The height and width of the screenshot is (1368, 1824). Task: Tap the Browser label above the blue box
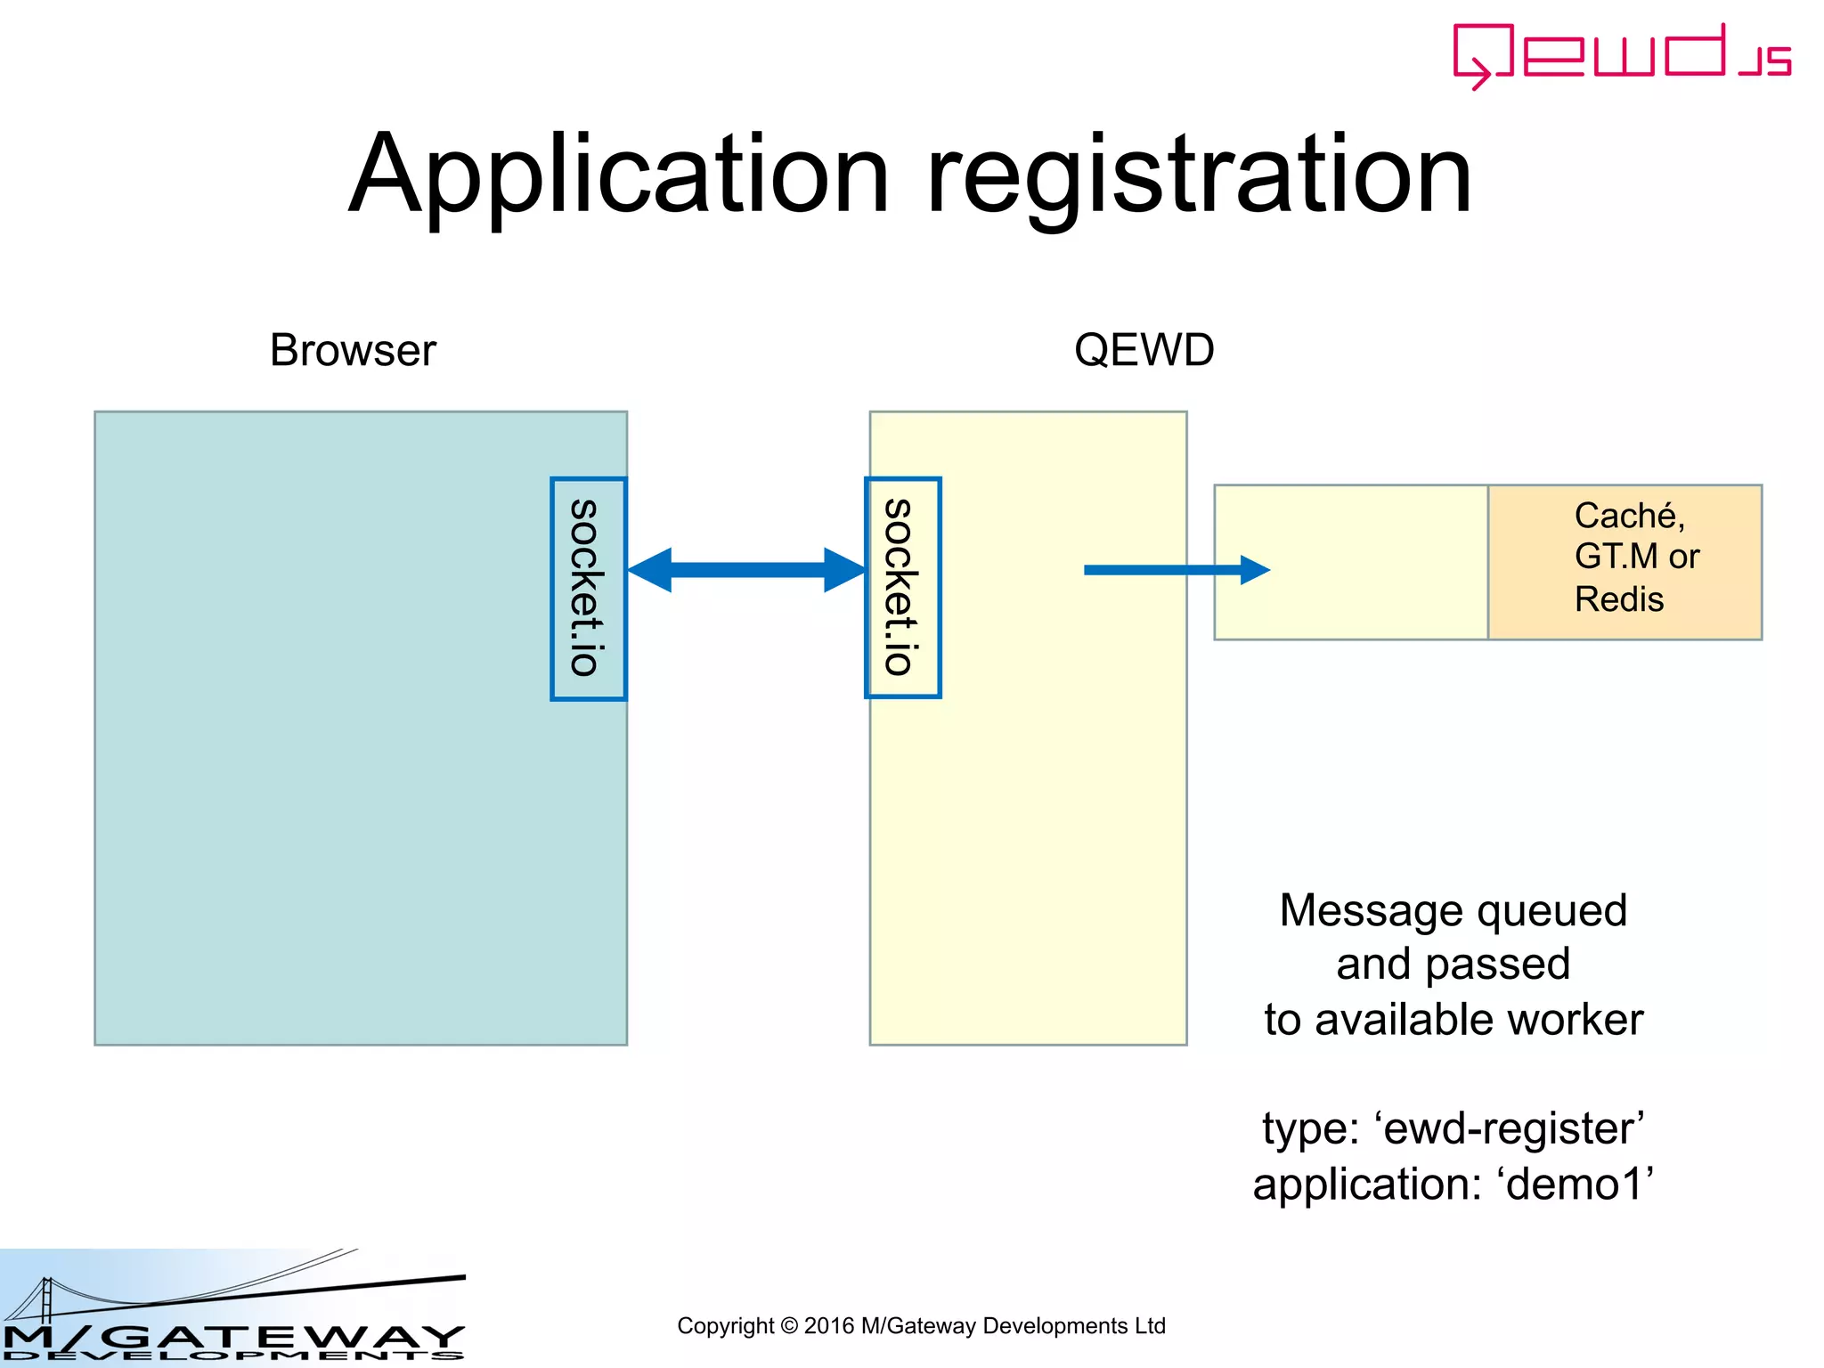pyautogui.click(x=353, y=350)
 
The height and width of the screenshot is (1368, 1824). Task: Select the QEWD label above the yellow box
pyautogui.click(x=1144, y=350)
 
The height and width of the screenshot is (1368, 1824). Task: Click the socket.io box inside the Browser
pyautogui.click(x=588, y=589)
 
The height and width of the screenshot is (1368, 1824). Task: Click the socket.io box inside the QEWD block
pyautogui.click(x=902, y=588)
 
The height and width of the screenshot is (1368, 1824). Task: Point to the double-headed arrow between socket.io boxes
pyautogui.click(x=746, y=570)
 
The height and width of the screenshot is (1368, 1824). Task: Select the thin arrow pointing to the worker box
pyautogui.click(x=1176, y=570)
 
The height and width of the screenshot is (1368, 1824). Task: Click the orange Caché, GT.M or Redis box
pyautogui.click(x=1624, y=562)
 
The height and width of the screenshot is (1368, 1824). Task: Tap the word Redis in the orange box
pyautogui.click(x=1618, y=599)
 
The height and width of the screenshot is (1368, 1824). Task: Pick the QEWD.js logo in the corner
pyautogui.click(x=1621, y=55)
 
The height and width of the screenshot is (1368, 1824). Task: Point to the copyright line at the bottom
pyautogui.click(x=921, y=1326)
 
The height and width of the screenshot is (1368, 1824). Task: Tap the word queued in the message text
pyautogui.click(x=1551, y=911)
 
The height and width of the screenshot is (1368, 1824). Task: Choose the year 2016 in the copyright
pyautogui.click(x=828, y=1326)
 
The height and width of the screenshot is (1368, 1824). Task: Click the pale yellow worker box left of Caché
pyautogui.click(x=1350, y=562)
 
